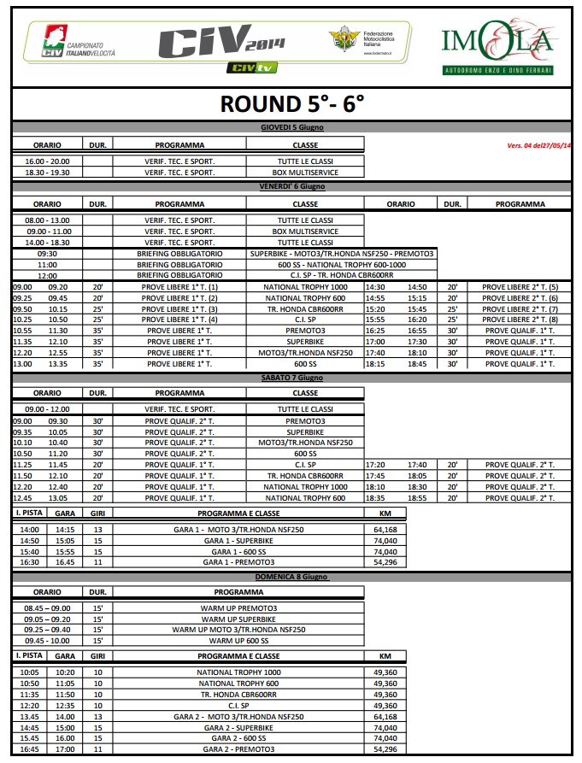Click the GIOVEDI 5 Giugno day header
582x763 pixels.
291,127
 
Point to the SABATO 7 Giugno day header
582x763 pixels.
291,377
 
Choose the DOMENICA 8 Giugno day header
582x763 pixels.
291,577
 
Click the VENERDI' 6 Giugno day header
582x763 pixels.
291,186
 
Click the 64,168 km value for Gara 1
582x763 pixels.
385,530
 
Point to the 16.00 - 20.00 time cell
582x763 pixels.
47,161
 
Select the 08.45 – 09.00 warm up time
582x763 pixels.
47,608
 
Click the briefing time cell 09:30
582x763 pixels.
47,254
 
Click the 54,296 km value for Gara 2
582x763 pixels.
385,748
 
